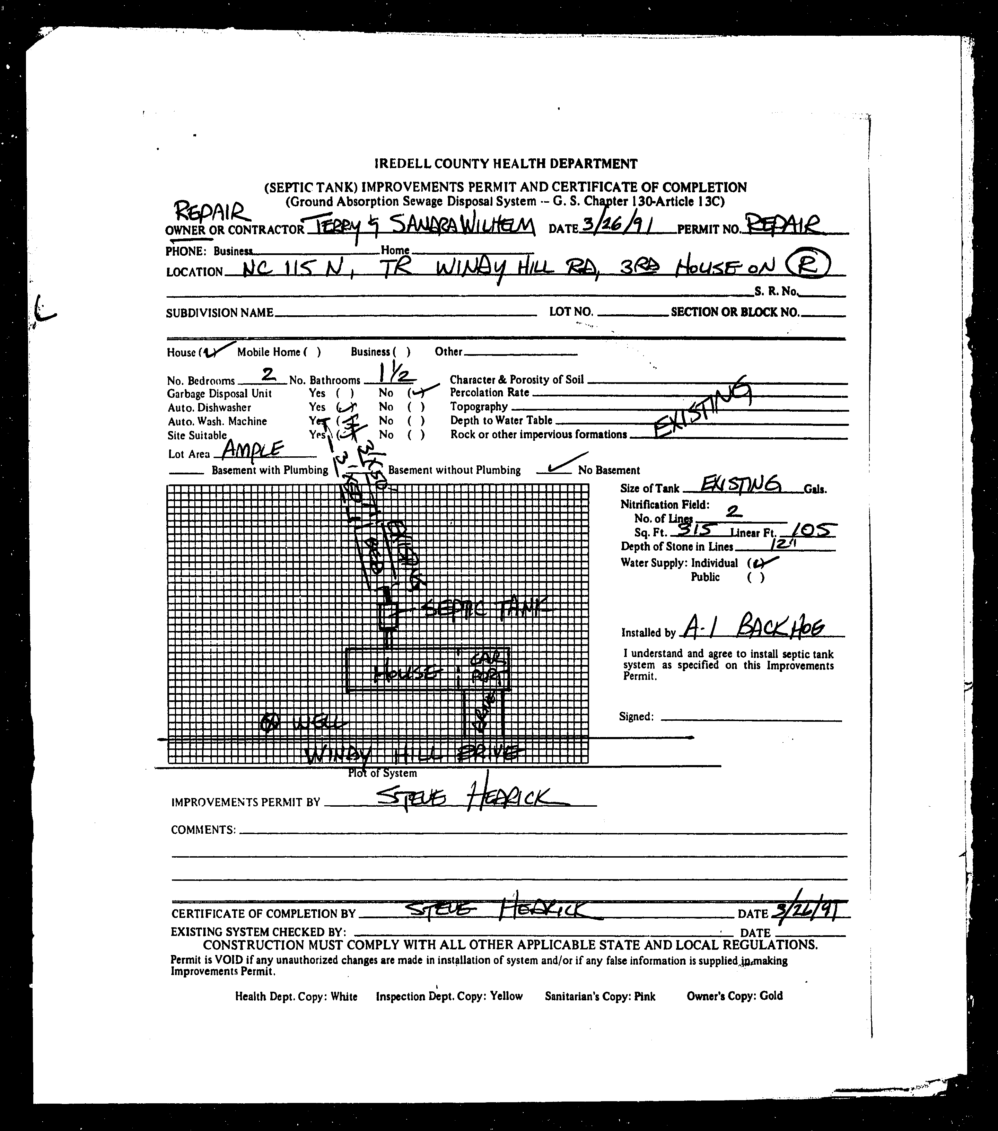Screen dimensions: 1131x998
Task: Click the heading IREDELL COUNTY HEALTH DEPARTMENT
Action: pos(506,164)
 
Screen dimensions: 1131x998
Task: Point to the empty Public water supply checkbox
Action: pos(756,578)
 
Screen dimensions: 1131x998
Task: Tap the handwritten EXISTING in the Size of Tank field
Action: pos(741,485)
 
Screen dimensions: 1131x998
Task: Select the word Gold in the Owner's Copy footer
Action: pos(771,996)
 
